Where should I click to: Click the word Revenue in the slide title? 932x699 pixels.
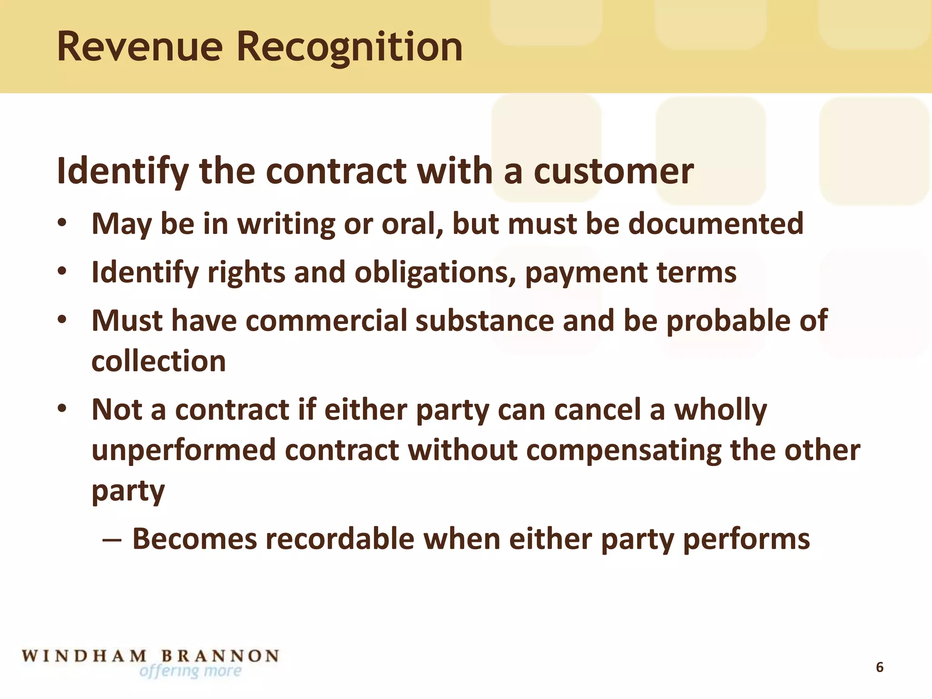coord(140,47)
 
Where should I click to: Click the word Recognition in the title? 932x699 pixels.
coord(349,48)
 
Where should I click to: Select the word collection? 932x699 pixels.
coord(158,361)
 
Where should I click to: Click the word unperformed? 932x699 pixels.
coord(184,451)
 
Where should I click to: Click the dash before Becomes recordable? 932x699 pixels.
coord(111,540)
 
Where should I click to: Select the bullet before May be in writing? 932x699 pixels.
coord(62,223)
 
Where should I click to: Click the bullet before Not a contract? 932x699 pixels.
coord(62,408)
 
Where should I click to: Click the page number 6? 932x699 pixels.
coord(880,667)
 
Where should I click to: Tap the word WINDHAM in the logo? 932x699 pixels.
coord(85,656)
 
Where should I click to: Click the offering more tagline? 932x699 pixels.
coord(191,671)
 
